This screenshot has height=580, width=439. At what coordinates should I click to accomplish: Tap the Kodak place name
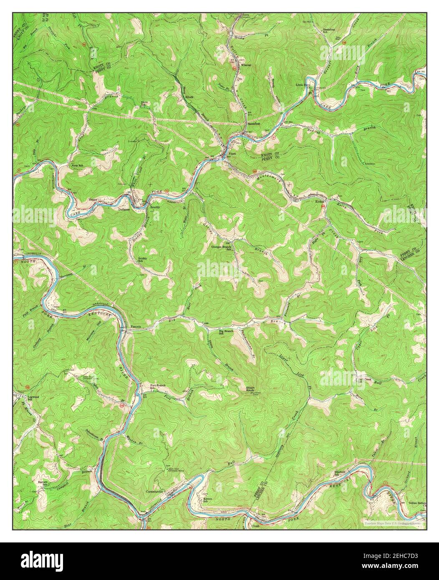pos(320,202)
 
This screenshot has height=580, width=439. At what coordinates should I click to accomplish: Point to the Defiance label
pos(124,209)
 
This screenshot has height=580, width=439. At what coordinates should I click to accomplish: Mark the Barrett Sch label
pos(43,483)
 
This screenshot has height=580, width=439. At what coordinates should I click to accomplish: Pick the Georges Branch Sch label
pos(221,247)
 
